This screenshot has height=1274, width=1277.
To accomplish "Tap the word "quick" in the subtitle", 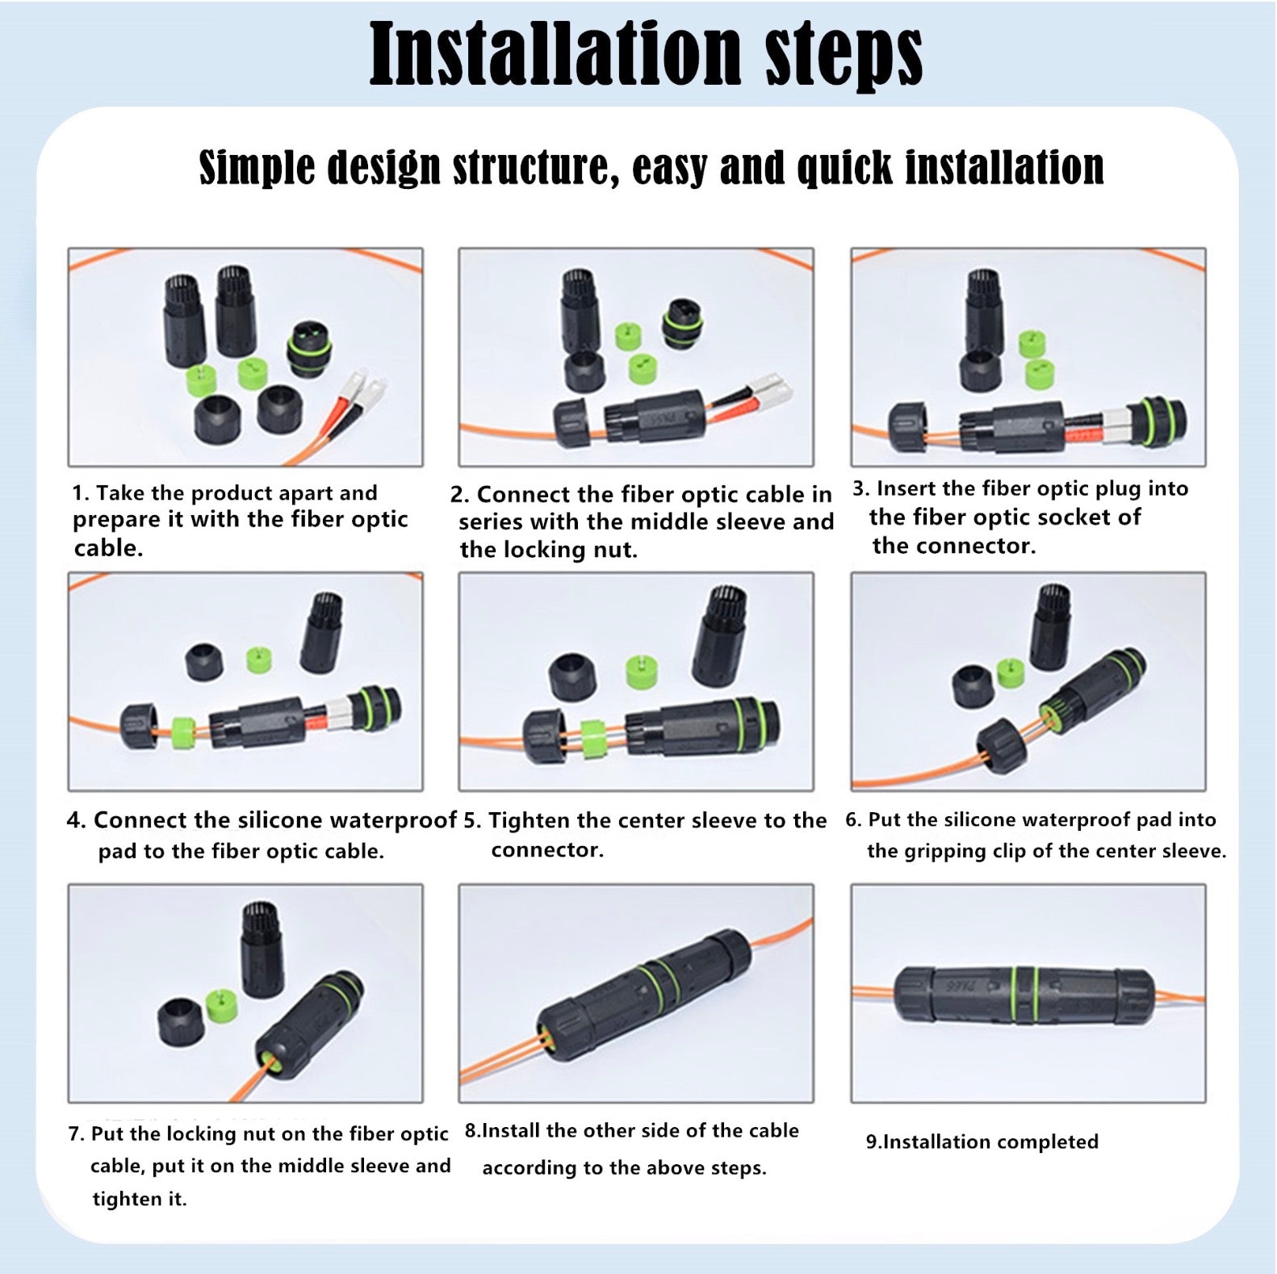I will click(844, 168).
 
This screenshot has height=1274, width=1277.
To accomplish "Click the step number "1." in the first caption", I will click(80, 493).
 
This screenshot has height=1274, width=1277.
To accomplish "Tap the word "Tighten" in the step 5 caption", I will click(530, 821).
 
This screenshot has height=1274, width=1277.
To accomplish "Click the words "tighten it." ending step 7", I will click(139, 1199).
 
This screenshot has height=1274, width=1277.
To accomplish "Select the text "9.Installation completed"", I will click(982, 1142).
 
